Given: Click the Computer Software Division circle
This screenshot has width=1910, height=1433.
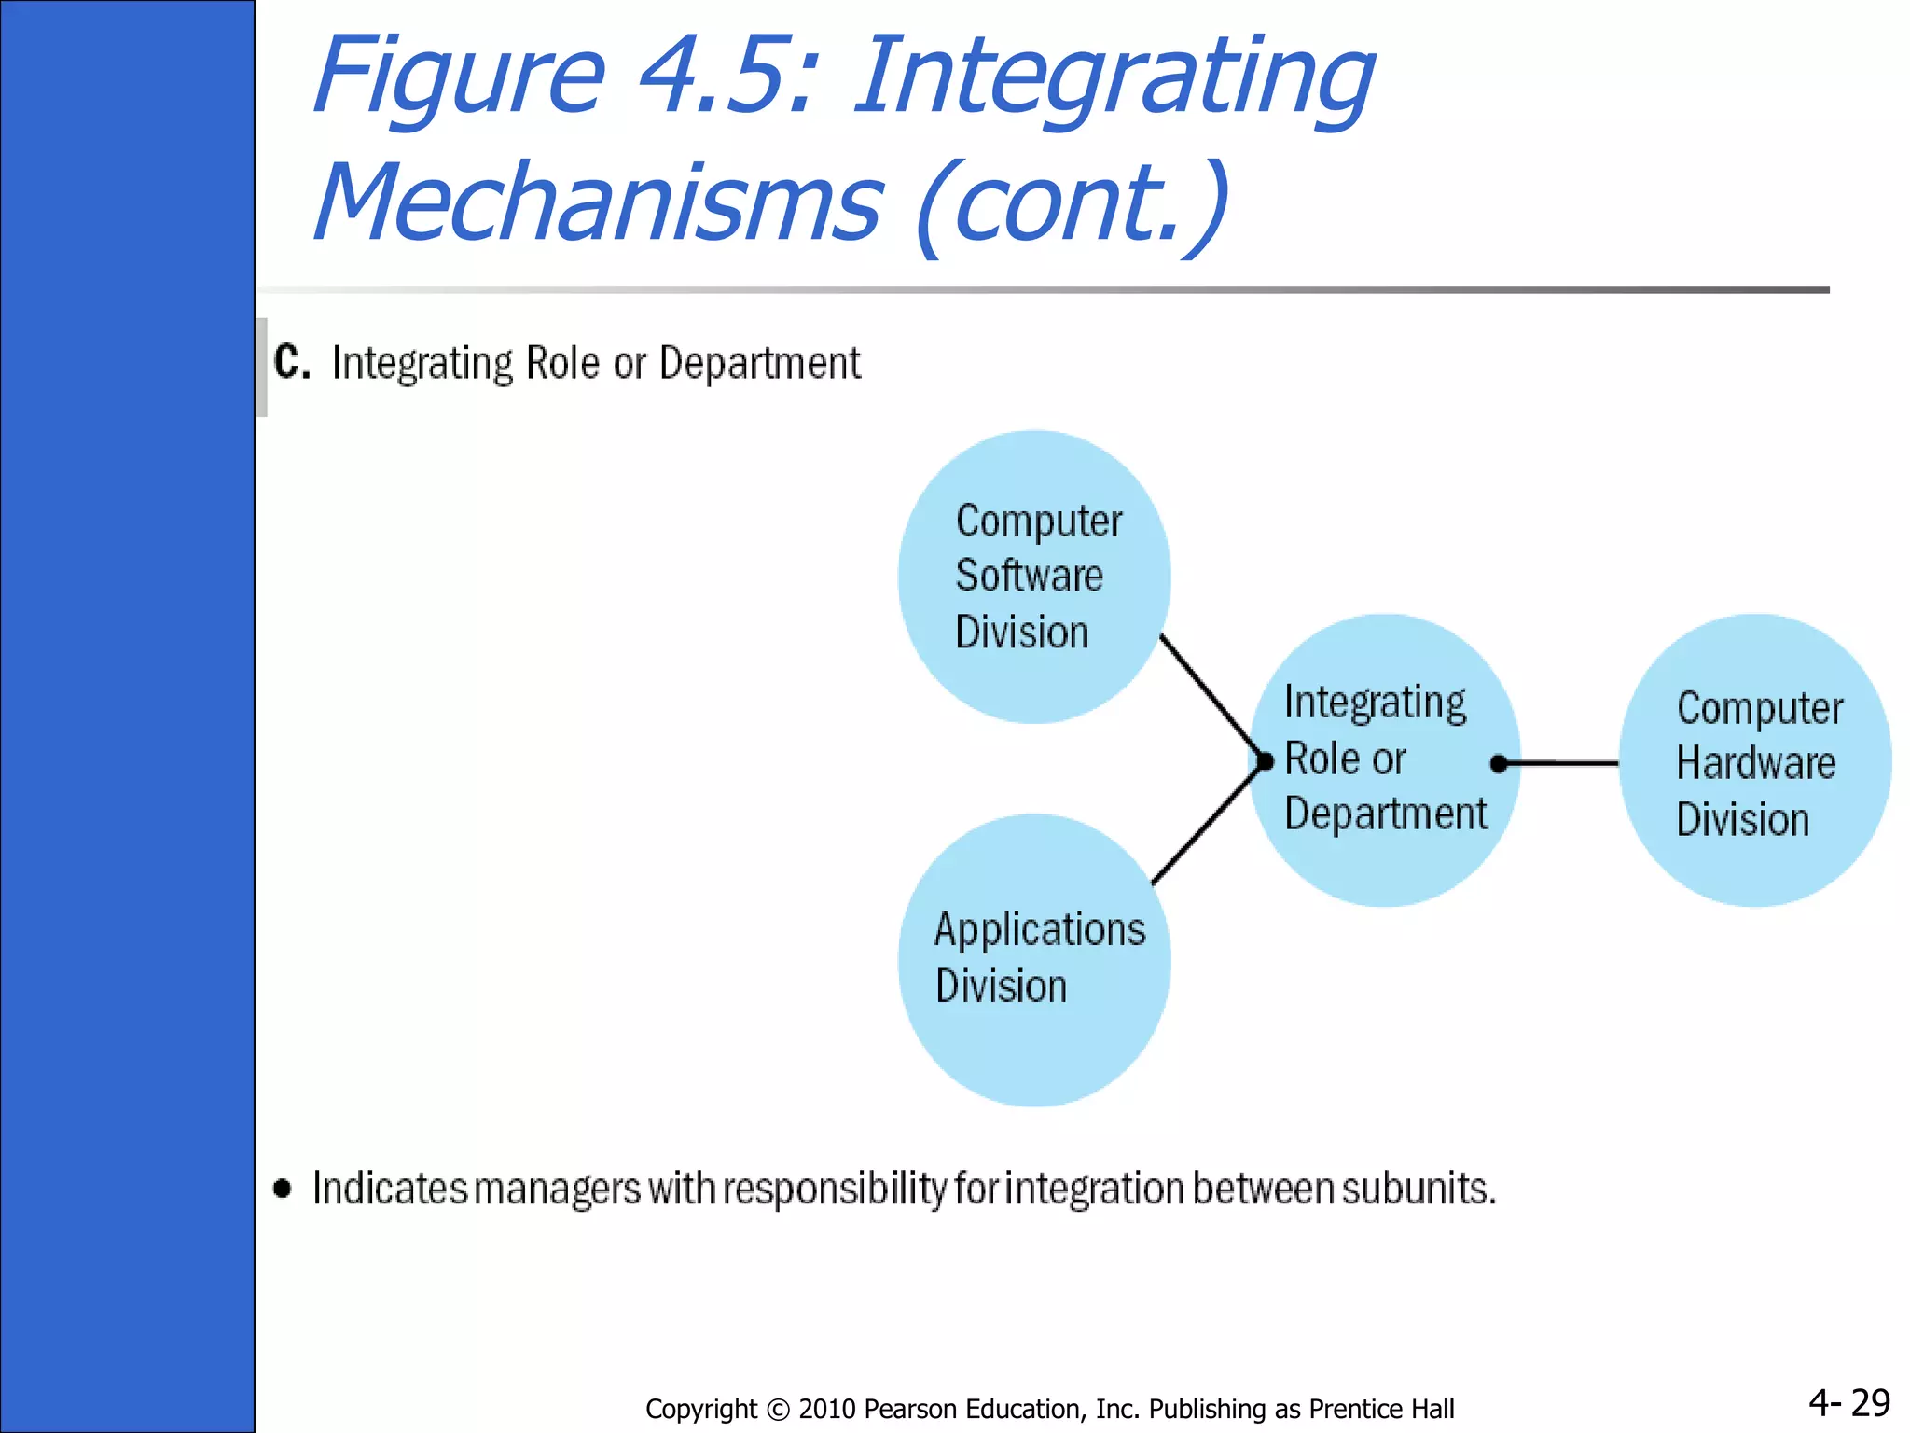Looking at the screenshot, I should [x=1033, y=577].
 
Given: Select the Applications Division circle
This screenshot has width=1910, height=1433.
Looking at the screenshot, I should [x=1033, y=961].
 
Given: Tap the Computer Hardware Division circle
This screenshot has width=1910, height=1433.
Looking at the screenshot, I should [x=1755, y=761].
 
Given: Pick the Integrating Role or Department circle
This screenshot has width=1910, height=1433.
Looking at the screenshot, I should [x=1386, y=759].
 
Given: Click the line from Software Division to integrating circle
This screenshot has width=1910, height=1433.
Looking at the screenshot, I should [x=1211, y=697].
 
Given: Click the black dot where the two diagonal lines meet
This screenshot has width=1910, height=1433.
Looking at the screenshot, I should [x=1265, y=761].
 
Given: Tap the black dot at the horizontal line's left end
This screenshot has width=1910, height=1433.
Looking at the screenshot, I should [x=1499, y=764].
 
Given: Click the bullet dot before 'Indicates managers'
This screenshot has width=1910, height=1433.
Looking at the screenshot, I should [x=283, y=1188].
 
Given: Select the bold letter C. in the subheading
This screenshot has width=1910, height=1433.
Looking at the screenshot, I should [x=291, y=362].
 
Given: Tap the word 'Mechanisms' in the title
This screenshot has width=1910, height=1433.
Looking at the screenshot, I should [x=597, y=202].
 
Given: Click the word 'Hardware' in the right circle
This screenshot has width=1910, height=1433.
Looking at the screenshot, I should [x=1755, y=763].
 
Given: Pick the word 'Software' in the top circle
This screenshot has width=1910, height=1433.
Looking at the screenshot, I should [x=1029, y=576].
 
